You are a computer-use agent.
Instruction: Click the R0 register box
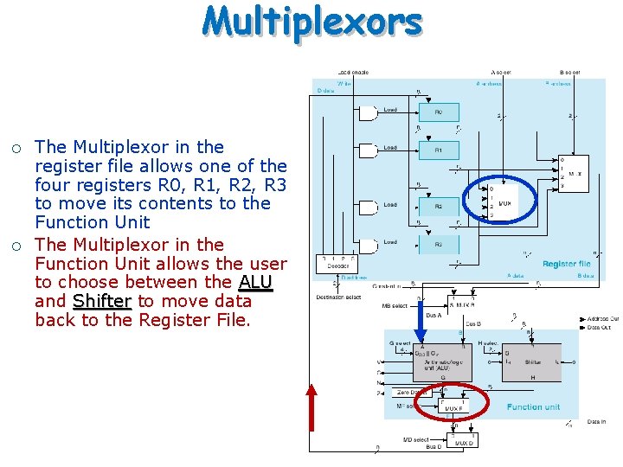439,112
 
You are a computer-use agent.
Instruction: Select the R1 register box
439,150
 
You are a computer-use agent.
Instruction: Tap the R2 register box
439,207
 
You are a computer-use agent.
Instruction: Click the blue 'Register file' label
566,264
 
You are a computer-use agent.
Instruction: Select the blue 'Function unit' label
533,406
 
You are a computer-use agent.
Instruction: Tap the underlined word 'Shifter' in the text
102,301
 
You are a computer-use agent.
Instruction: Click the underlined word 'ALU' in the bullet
255,282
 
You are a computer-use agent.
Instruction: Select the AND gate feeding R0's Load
368,112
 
